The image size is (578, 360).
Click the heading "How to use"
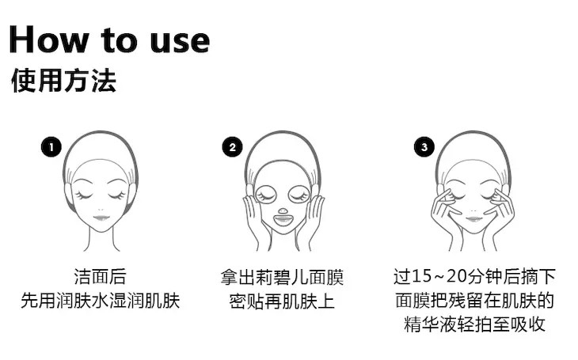point(109,40)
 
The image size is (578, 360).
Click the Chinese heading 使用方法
point(64,81)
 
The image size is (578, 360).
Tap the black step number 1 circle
point(51,147)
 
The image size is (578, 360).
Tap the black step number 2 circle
point(232,147)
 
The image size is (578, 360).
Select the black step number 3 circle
point(424,147)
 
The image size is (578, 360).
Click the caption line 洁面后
point(101,277)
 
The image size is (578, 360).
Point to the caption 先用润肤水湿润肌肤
point(101,301)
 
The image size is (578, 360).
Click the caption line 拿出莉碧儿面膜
point(283,277)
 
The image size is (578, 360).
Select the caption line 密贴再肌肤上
point(282,301)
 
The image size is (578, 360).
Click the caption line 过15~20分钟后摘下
point(474,277)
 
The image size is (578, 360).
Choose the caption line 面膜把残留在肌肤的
point(475,301)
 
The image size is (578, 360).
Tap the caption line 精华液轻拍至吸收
point(475,324)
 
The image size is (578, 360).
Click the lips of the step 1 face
point(101,218)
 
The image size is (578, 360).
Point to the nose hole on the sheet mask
point(283,211)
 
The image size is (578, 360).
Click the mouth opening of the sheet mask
point(283,220)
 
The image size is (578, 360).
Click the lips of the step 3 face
point(473,219)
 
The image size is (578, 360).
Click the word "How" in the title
point(49,40)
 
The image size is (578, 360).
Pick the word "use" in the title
point(181,43)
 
